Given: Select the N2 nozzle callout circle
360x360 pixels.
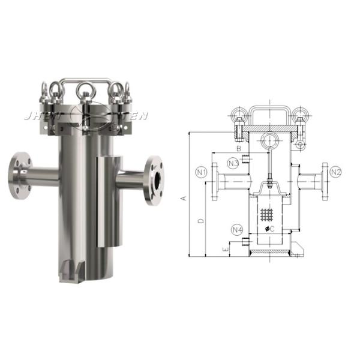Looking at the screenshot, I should click(x=336, y=172).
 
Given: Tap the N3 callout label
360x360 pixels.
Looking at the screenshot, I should click(x=234, y=163).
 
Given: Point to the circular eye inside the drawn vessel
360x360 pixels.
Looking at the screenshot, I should click(x=268, y=141).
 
